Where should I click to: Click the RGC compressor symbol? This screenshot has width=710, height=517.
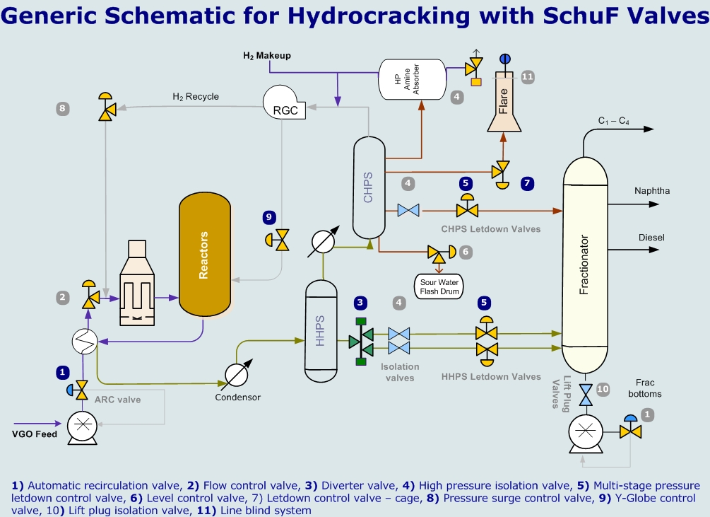pos(285,103)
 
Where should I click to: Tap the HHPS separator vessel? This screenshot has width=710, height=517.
pos(321,329)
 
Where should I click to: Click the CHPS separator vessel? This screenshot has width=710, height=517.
pos(368,187)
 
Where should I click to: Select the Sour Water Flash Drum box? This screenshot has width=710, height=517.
pos(440,286)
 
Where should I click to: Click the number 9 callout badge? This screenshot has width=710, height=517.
pos(268,217)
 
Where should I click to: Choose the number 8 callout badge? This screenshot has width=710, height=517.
pos(63,108)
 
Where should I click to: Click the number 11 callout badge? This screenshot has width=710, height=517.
pos(528,76)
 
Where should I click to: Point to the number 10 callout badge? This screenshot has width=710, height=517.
pos(602,388)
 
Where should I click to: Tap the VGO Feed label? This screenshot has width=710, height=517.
pos(35,434)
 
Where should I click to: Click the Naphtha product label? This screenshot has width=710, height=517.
pos(652,191)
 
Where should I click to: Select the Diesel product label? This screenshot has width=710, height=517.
pos(651,238)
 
